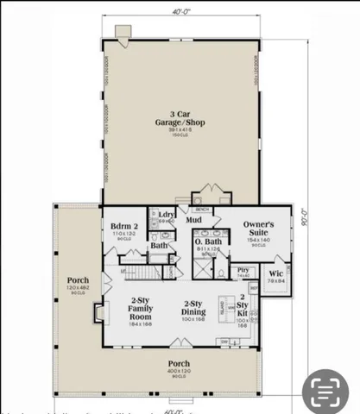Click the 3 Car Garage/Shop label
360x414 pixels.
pyautogui.click(x=181, y=116)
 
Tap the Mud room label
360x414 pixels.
pyautogui.click(x=195, y=220)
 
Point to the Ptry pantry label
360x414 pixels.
pyautogui.click(x=243, y=272)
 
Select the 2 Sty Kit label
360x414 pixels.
pyautogui.click(x=242, y=308)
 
